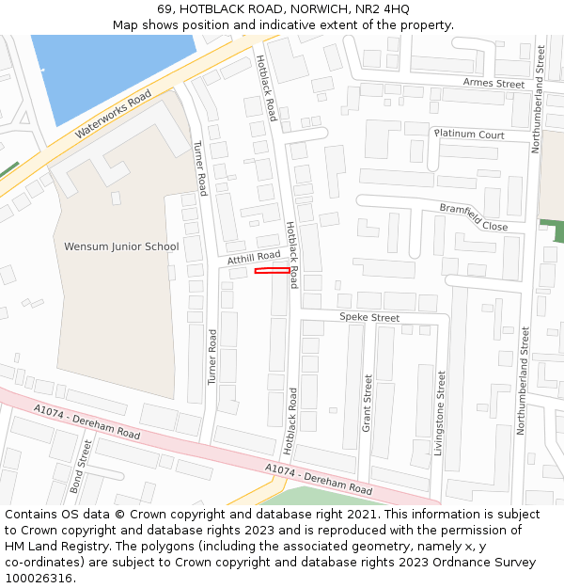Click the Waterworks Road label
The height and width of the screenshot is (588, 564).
tap(113, 115)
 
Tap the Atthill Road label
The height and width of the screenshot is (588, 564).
tap(254, 256)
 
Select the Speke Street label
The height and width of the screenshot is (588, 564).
tap(369, 318)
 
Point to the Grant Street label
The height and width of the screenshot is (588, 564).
tap(368, 404)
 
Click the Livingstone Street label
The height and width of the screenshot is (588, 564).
tap(439, 412)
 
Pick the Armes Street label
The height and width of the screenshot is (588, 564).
tap(493, 84)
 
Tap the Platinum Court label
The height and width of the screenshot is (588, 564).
tap(469, 135)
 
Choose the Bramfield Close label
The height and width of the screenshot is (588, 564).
tap(474, 217)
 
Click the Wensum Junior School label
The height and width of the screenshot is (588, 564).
tap(121, 246)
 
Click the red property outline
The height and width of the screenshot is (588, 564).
tap(273, 271)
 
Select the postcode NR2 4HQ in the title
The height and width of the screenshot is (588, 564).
tap(384, 9)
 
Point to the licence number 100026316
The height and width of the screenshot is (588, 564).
tap(38, 578)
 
